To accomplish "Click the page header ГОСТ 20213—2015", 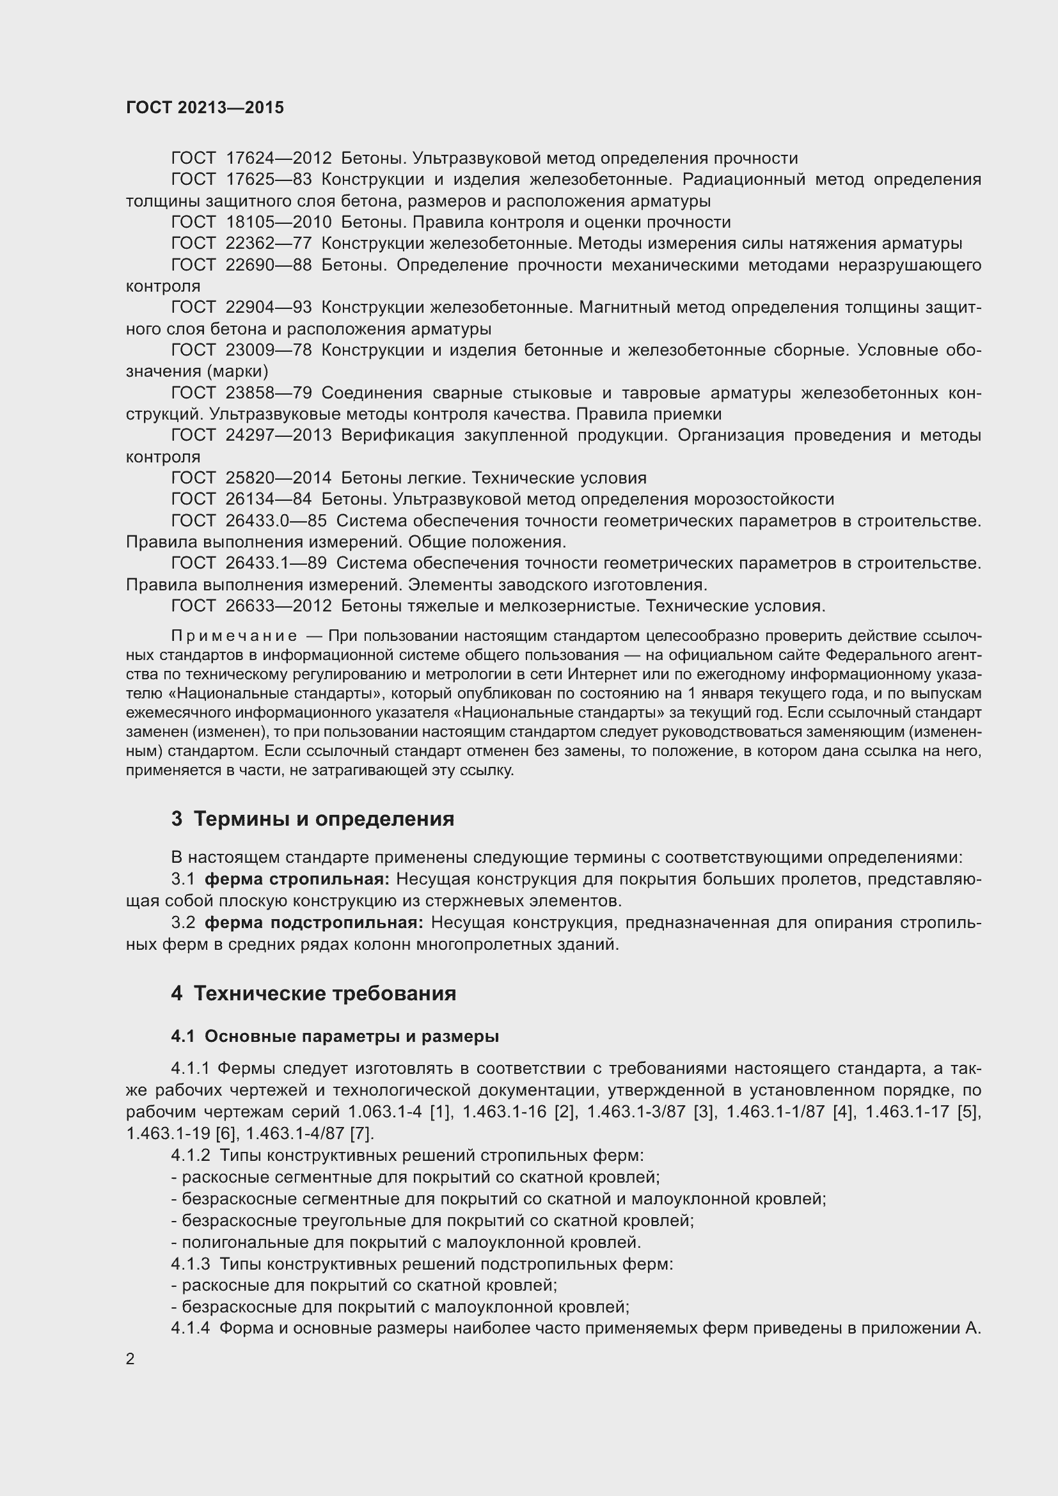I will coord(205,107).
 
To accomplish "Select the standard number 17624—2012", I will coord(278,159).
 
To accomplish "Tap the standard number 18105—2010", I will coord(278,222).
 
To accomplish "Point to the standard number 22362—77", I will coord(269,244).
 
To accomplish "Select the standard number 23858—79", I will coord(269,393).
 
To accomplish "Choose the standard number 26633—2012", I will coord(278,606).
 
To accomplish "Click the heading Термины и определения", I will coord(324,819).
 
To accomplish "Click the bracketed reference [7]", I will coord(361,1134).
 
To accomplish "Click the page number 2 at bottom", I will coord(130,1359).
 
